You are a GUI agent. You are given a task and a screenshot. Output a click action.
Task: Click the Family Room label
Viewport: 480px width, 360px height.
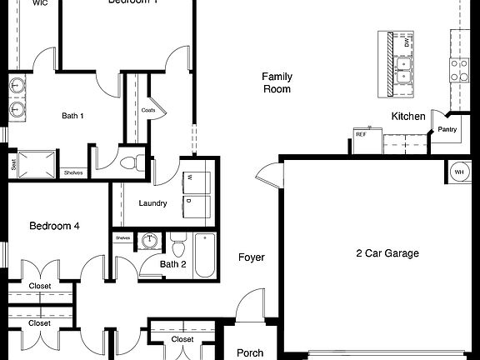277,82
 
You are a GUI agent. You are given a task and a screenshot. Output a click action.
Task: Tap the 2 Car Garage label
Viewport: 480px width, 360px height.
387,253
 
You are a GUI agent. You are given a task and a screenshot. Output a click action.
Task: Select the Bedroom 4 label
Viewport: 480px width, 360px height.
55,226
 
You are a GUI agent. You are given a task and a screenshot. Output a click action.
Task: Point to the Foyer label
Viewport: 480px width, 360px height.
251,257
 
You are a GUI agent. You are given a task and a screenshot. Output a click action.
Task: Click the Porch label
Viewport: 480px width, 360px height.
250,352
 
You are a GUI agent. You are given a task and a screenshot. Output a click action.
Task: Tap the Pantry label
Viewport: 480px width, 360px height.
447,129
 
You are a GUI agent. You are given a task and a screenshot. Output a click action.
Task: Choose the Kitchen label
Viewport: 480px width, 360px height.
408,117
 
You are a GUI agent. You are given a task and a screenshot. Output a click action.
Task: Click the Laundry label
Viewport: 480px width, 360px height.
152,203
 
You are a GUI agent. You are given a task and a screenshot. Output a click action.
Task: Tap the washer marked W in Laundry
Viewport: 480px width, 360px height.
189,177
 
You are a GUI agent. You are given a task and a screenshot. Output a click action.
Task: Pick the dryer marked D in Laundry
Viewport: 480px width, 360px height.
189,200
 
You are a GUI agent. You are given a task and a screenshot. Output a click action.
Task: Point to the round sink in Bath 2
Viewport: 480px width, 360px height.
150,242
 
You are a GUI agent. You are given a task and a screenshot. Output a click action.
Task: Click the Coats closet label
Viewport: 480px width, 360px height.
148,110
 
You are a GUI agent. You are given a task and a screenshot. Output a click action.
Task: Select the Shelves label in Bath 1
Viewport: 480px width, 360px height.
73,172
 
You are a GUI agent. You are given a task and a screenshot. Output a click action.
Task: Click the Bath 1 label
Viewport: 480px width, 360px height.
72,116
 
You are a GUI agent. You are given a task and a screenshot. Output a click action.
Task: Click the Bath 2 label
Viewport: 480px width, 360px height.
173,265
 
